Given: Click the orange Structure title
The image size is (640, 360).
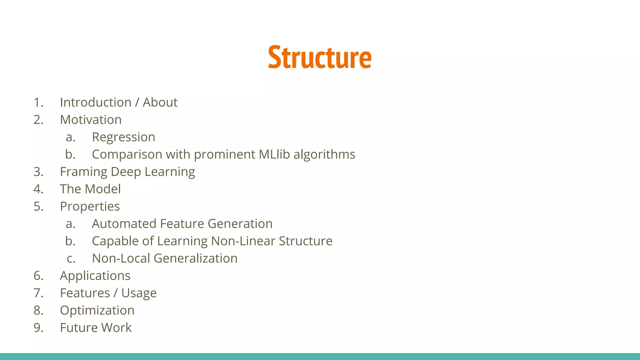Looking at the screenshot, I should pyautogui.click(x=320, y=57).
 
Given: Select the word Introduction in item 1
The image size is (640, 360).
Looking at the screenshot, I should pyautogui.click(x=96, y=102).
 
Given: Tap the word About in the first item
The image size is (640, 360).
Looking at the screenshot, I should pyautogui.click(x=160, y=102).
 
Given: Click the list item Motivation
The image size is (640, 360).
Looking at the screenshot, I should pyautogui.click(x=91, y=120).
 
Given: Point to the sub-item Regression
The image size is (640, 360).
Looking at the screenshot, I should pyautogui.click(x=123, y=137).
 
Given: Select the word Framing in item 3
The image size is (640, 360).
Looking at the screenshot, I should pyautogui.click(x=83, y=172).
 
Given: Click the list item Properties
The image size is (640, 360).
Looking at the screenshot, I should pyautogui.click(x=90, y=207).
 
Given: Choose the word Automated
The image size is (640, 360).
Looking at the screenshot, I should pyautogui.click(x=124, y=224).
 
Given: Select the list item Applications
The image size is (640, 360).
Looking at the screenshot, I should pyautogui.click(x=95, y=276).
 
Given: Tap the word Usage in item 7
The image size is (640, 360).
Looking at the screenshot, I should pyautogui.click(x=139, y=293).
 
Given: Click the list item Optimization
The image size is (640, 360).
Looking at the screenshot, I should pyautogui.click(x=97, y=310).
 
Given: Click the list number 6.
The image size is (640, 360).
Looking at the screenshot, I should pyautogui.click(x=38, y=276).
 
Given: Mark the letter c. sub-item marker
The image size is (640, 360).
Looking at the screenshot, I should pyautogui.click(x=71, y=259).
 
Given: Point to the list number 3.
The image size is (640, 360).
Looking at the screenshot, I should pyautogui.click(x=38, y=172).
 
